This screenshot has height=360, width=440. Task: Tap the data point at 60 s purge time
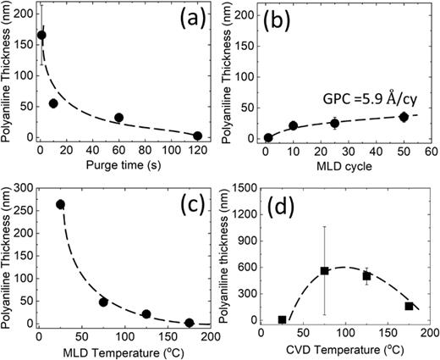(x=119, y=118)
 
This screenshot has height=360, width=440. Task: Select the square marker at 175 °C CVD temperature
(x=410, y=306)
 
